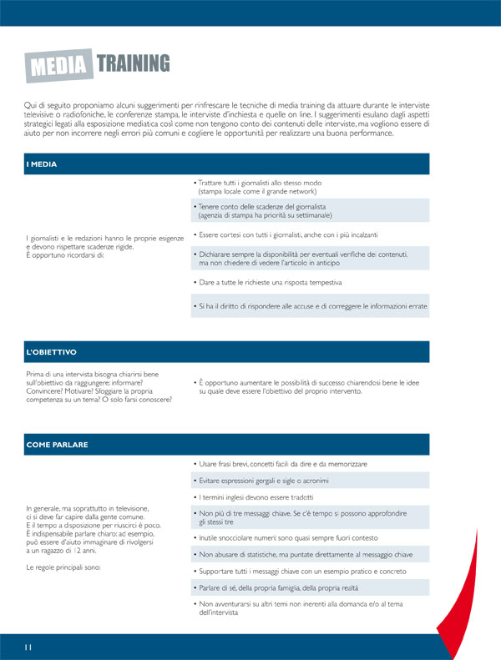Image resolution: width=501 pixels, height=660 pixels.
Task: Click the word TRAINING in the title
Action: point(133,63)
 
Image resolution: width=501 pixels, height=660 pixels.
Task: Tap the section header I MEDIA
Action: point(41,164)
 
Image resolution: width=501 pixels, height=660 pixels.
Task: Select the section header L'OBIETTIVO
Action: point(52,352)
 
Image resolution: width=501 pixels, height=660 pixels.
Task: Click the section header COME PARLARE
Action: point(57,445)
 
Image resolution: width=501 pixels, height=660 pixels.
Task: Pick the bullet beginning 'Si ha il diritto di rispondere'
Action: point(309,307)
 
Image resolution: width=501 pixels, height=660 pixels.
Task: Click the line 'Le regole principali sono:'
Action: point(62,567)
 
